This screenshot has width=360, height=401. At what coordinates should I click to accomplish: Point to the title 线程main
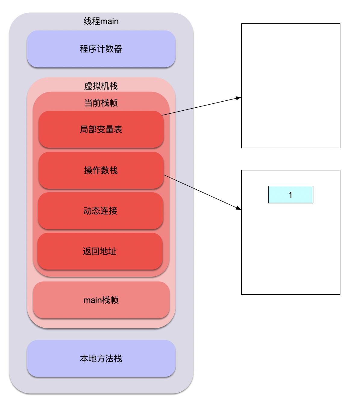pyautogui.click(x=101, y=21)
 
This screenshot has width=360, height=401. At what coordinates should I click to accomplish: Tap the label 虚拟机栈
pyautogui.click(x=101, y=86)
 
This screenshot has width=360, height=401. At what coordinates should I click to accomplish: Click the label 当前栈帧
pyautogui.click(x=101, y=103)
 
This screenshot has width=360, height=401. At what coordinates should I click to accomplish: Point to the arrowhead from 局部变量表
pyautogui.click(x=239, y=98)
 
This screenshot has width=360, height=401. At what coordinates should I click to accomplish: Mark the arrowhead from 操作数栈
pyautogui.click(x=239, y=208)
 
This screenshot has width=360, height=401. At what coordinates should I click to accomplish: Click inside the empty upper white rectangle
pyautogui.click(x=291, y=60)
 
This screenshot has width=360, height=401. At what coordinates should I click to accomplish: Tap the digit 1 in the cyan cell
pyautogui.click(x=290, y=195)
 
